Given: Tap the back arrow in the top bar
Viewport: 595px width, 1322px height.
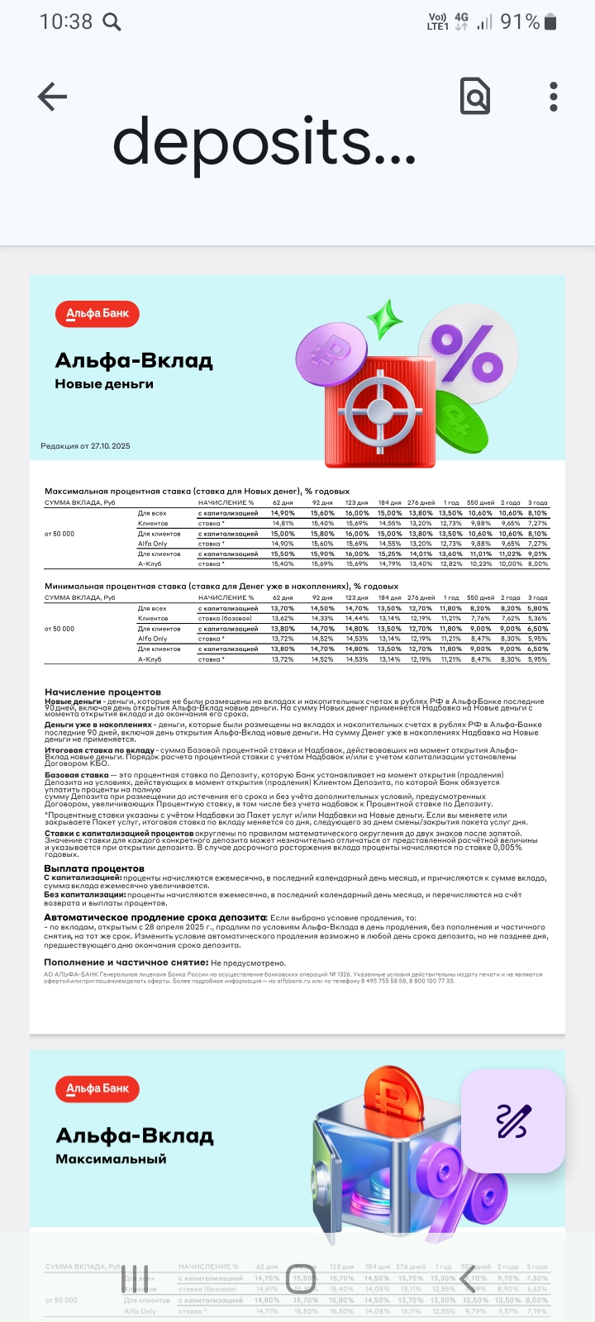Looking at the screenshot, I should pyautogui.click(x=52, y=97).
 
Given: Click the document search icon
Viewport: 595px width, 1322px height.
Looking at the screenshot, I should pyautogui.click(x=475, y=97).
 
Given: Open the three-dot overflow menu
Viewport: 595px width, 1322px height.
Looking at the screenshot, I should pyautogui.click(x=554, y=97).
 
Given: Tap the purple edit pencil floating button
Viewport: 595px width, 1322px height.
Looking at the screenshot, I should pyautogui.click(x=512, y=1120).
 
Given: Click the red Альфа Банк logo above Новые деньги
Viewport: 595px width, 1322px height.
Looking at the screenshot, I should pyautogui.click(x=98, y=314).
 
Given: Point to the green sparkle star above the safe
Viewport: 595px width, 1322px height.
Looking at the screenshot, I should pyautogui.click(x=384, y=319).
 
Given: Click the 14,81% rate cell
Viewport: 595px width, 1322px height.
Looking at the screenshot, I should pyautogui.click(x=283, y=524).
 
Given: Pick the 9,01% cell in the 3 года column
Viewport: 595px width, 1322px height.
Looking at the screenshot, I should pyautogui.click(x=537, y=554).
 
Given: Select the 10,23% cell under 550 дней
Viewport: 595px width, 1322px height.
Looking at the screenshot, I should pyautogui.click(x=480, y=564).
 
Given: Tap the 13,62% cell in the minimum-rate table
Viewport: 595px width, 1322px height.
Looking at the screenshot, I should pyautogui.click(x=283, y=619).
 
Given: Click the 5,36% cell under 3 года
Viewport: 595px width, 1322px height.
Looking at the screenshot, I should pyautogui.click(x=537, y=619).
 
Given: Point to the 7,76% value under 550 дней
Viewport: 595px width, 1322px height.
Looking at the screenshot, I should pyautogui.click(x=480, y=619).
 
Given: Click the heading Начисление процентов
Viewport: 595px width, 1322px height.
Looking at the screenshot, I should pyautogui.click(x=102, y=692).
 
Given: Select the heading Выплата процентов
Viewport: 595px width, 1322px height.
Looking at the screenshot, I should pyautogui.click(x=94, y=869).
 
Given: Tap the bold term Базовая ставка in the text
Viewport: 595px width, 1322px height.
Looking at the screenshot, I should pyautogui.click(x=76, y=776).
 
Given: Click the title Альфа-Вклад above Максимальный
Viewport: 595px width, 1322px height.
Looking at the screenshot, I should pyautogui.click(x=135, y=1136).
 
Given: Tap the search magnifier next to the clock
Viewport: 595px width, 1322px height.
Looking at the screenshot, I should pyautogui.click(x=111, y=22).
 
